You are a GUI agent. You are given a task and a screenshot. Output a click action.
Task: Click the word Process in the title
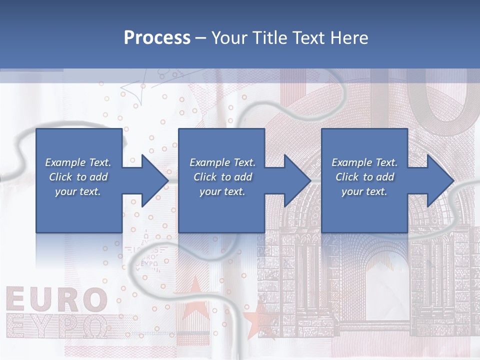(157, 38)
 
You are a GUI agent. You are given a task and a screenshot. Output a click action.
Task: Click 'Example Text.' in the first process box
(78, 162)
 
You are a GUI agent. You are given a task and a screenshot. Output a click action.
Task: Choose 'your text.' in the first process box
(78, 191)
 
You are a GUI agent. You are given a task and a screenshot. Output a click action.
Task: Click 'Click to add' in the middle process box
(222, 177)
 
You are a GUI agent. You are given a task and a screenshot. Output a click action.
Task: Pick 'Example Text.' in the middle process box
(222, 162)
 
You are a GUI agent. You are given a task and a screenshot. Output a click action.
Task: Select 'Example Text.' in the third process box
(364, 162)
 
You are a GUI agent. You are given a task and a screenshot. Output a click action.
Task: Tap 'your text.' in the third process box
(364, 191)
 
